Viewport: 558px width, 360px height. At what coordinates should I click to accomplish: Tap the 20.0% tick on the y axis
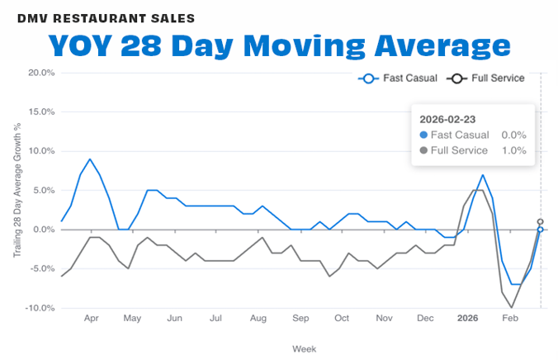(x=40, y=73)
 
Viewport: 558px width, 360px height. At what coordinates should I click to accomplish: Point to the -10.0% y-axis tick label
(x=39, y=308)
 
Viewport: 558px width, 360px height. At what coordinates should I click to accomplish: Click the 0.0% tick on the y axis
(x=42, y=230)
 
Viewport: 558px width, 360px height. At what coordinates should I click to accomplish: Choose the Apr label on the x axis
(x=91, y=318)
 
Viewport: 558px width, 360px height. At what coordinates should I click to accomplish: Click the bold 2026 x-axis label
(x=467, y=318)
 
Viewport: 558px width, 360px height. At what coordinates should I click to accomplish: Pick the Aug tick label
(x=258, y=318)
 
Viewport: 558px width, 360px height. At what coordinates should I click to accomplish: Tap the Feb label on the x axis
(x=510, y=318)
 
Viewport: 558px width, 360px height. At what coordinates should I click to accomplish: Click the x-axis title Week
(x=304, y=348)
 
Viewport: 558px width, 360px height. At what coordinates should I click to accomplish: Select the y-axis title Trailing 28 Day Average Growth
(x=17, y=190)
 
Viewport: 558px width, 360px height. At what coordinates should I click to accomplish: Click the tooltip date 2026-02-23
(x=447, y=119)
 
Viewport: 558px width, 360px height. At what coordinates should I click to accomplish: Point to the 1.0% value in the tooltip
(x=513, y=150)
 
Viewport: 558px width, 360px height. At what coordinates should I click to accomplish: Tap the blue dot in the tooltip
(x=424, y=135)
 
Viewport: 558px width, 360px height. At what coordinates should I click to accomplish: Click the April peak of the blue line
(x=90, y=159)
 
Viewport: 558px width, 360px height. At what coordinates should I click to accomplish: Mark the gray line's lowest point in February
(x=512, y=307)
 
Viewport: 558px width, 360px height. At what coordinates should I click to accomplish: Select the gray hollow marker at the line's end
(x=540, y=221)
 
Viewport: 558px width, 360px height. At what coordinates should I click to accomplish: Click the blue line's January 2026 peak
(x=483, y=175)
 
